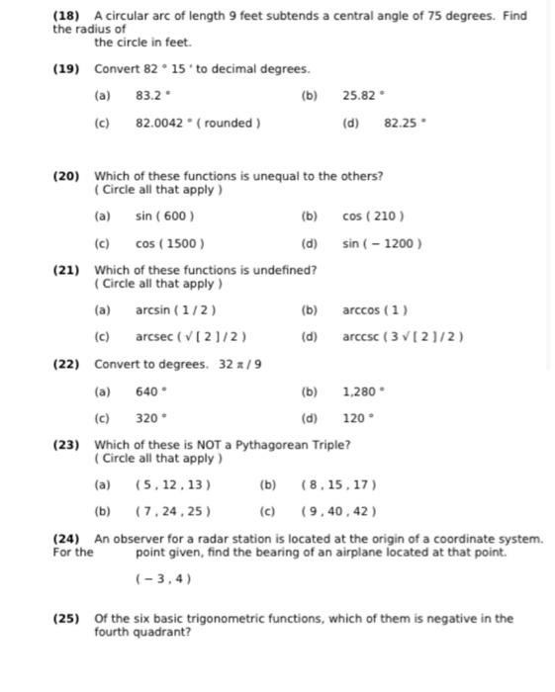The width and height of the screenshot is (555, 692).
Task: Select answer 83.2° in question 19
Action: click(x=153, y=96)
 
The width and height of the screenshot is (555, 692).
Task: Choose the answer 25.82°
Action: click(x=361, y=96)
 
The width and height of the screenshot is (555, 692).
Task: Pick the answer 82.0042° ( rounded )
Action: click(x=198, y=124)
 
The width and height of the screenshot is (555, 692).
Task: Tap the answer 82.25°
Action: click(x=405, y=124)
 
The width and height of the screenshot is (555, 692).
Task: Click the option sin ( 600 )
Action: click(x=164, y=216)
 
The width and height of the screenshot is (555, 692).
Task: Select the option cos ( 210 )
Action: click(x=373, y=216)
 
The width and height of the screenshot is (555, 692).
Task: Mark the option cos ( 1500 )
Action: click(x=169, y=243)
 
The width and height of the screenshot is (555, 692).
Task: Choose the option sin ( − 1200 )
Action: click(x=382, y=243)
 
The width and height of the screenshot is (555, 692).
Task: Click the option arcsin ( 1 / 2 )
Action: click(x=176, y=309)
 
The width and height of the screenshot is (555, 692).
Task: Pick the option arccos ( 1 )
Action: click(x=375, y=309)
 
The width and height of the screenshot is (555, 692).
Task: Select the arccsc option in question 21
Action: click(x=403, y=337)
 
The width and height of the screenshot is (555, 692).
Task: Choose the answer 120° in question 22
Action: click(x=358, y=418)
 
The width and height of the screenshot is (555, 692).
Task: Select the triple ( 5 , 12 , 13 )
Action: click(x=172, y=485)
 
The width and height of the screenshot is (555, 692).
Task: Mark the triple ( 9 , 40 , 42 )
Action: click(x=338, y=512)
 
